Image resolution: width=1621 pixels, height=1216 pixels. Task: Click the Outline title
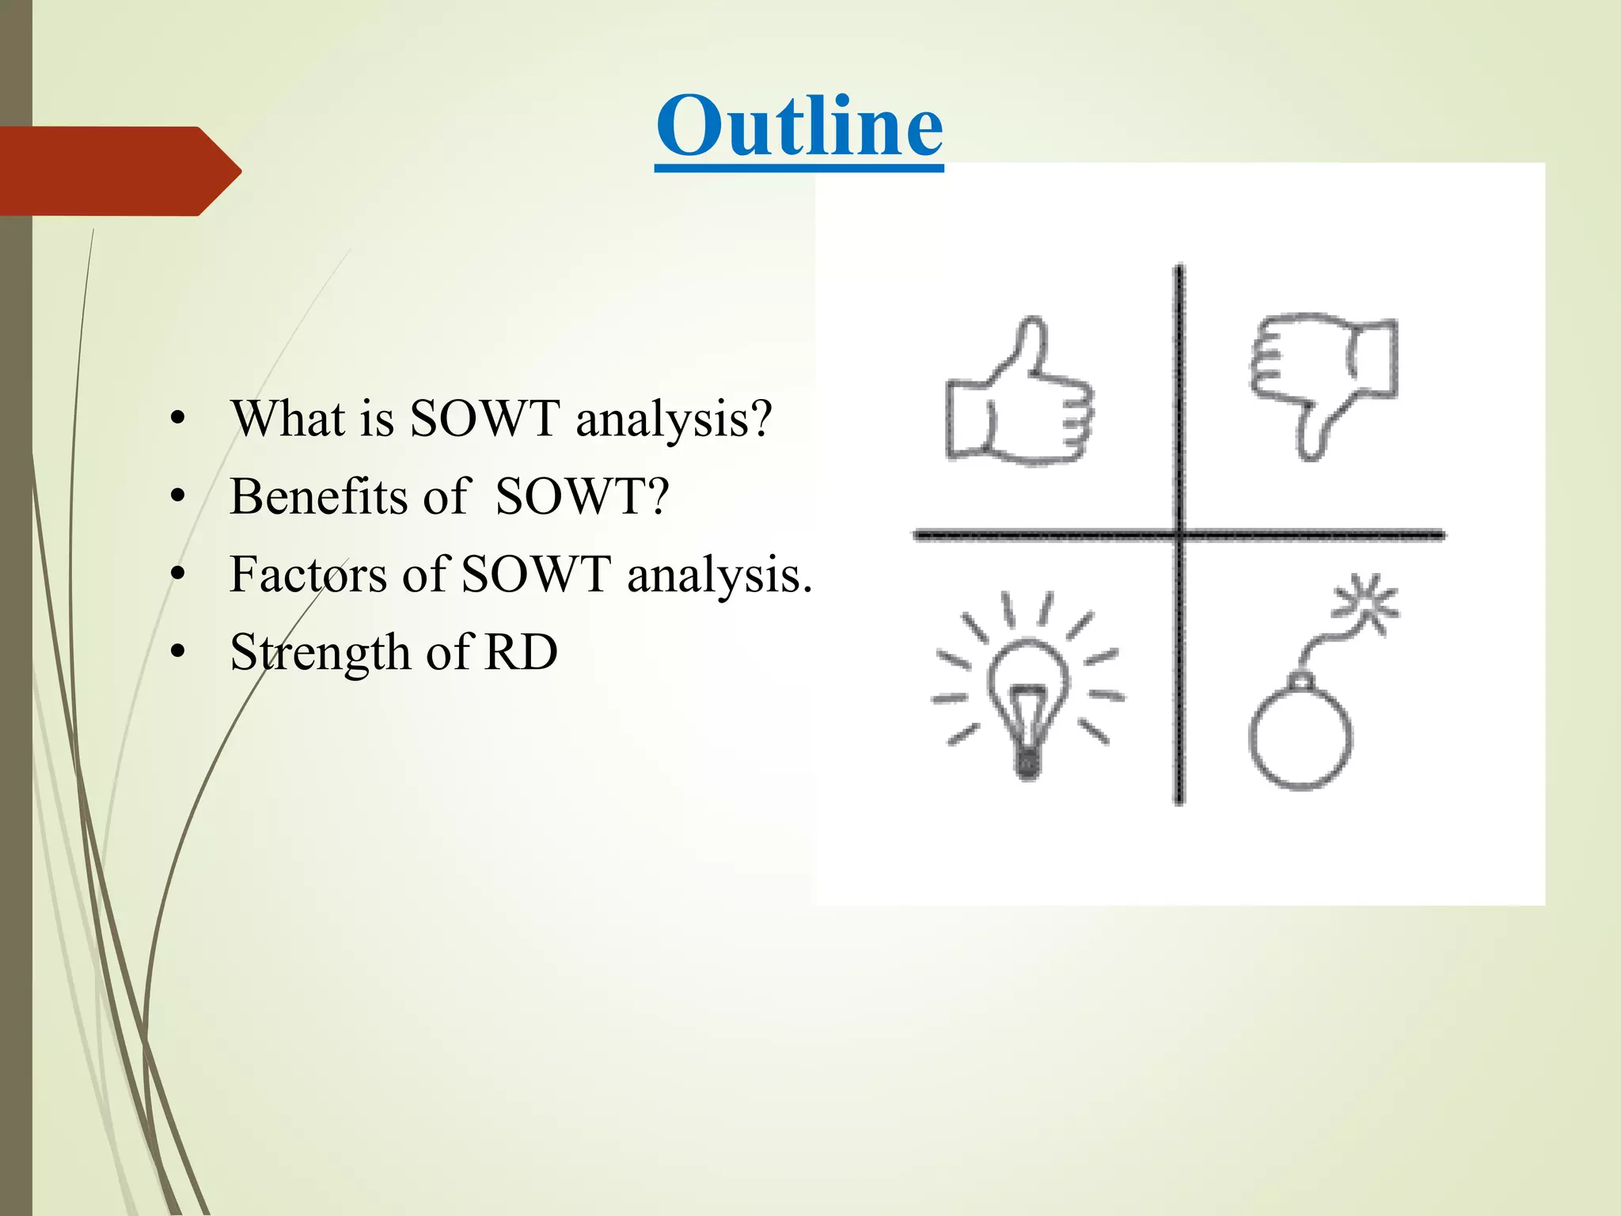pos(799,127)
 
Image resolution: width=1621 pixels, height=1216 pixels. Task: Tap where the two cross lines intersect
pos(1179,536)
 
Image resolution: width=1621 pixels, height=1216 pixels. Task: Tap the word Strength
pos(320,653)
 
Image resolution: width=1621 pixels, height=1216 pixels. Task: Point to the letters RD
pos(521,653)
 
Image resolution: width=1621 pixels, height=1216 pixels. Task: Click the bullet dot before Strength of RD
pos(177,653)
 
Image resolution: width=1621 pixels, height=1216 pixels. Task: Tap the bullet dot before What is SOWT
pos(177,419)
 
